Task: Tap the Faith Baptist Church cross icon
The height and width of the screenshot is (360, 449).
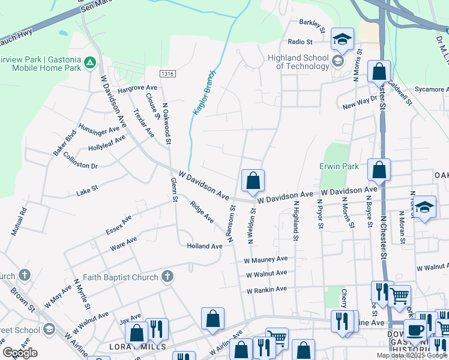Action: point(167,277)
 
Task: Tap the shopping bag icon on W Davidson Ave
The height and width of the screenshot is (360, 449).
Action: point(253,180)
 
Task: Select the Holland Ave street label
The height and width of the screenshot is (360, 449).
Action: point(205,246)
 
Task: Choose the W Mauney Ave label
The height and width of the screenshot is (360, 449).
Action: point(266,260)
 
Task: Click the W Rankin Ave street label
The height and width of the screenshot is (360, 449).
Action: point(267,290)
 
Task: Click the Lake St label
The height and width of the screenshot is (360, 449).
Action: point(87,193)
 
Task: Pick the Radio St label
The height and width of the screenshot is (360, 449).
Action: point(300,42)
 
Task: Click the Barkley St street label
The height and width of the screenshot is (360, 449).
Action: point(312,25)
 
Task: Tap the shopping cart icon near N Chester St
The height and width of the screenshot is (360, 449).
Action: point(399,295)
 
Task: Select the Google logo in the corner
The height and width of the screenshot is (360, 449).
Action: point(19,353)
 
